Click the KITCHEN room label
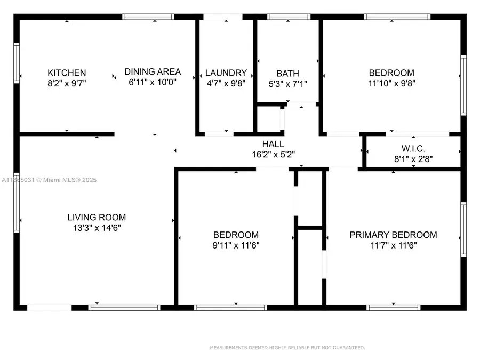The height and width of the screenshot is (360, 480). click(x=67, y=73)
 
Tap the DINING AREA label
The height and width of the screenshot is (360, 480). click(x=153, y=71)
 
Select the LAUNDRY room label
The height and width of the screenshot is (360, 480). click(x=226, y=73)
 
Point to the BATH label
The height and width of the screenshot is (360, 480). click(x=287, y=73)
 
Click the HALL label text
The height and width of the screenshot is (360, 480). click(x=273, y=144)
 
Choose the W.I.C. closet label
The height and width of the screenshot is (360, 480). click(x=412, y=148)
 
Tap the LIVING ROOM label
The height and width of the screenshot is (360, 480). click(x=97, y=217)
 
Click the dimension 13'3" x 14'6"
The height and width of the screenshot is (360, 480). click(x=97, y=228)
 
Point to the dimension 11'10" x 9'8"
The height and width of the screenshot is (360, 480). click(x=391, y=83)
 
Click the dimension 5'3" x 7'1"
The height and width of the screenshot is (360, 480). click(x=287, y=83)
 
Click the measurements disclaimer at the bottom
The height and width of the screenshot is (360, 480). click(x=287, y=348)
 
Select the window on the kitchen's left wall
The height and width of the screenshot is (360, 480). click(x=17, y=63)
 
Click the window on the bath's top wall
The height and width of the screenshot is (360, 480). click(x=289, y=17)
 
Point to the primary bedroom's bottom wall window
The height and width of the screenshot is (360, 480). click(x=390, y=307)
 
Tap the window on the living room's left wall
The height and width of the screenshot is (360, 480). click(x=17, y=203)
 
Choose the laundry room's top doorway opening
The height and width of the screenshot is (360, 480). click(x=225, y=17)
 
